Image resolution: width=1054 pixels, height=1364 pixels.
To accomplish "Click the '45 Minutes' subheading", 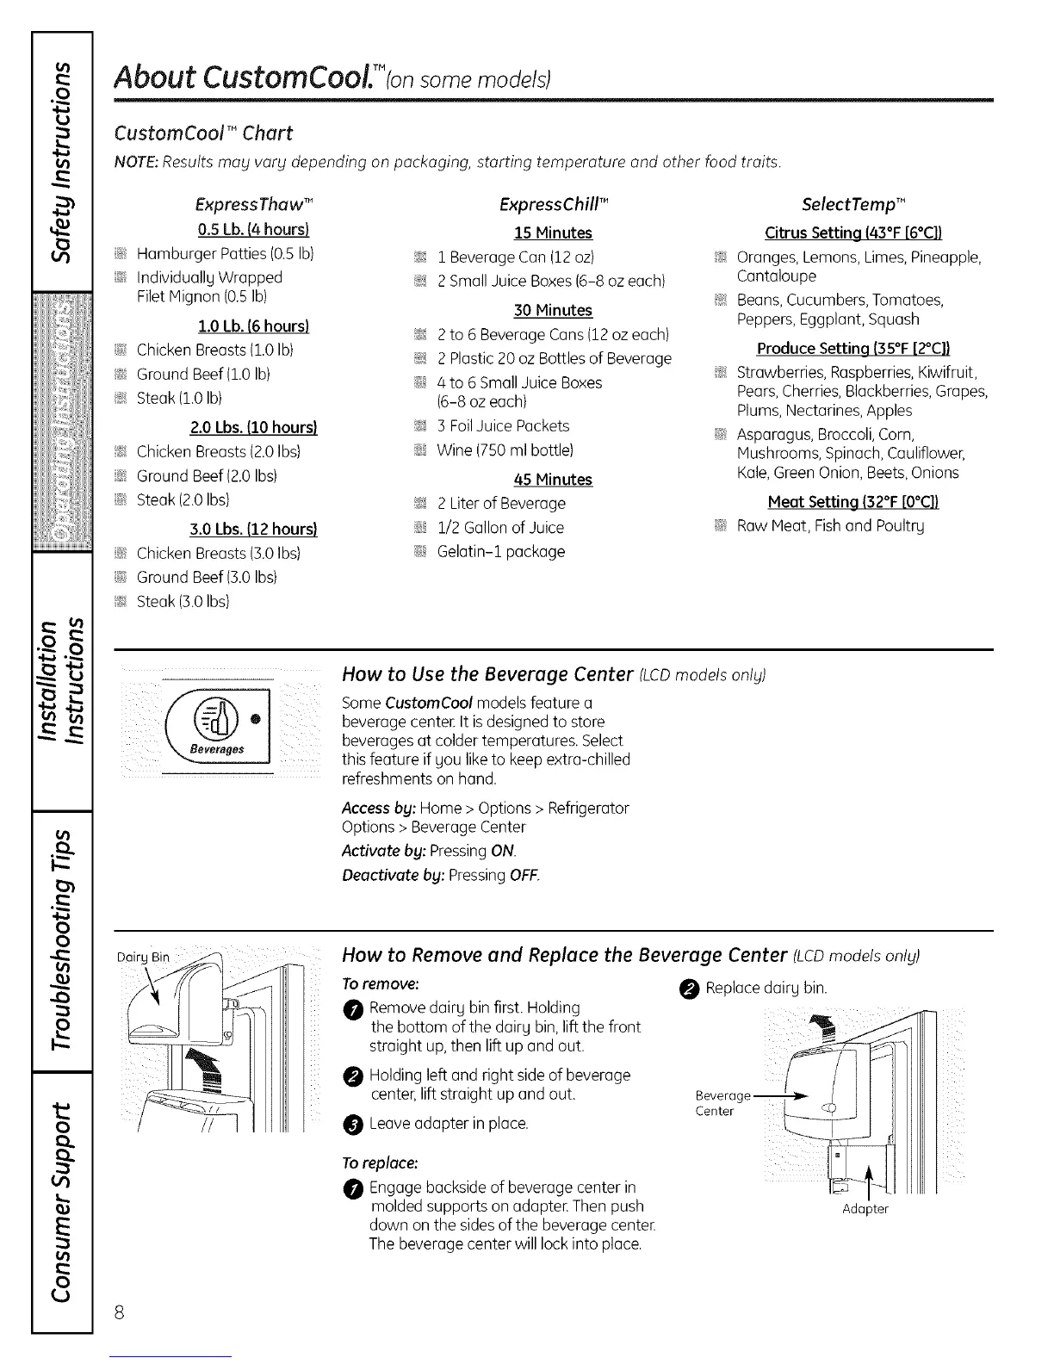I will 553,479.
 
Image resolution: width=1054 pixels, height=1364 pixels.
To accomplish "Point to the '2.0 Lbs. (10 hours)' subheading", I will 253,428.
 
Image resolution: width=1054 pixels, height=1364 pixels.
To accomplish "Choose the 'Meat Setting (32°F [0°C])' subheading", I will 852,502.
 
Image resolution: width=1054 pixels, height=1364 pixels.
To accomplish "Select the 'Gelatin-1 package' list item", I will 500,551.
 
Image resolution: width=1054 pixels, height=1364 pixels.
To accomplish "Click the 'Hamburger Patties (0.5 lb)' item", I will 225,254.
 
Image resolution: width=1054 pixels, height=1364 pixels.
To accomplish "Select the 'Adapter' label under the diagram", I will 865,1209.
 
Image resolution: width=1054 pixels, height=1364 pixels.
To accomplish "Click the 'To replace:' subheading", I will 380,1163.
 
